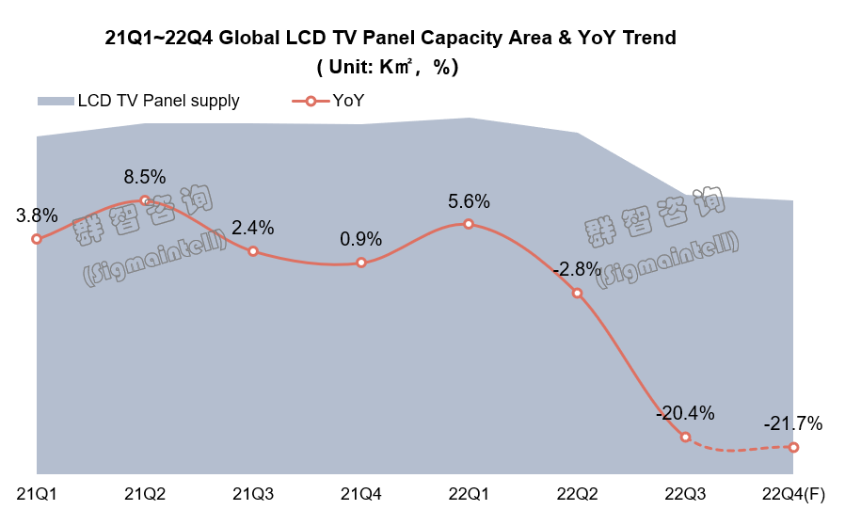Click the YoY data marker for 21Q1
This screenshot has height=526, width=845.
(37, 239)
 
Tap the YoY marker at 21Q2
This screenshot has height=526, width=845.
(145, 199)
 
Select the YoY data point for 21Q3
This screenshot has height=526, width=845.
(253, 251)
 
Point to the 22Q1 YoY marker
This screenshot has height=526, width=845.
(469, 224)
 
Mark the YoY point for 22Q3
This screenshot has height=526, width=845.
(685, 437)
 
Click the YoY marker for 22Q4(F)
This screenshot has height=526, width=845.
(793, 447)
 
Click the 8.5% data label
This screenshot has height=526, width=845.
(145, 176)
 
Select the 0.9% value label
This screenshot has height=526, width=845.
(361, 239)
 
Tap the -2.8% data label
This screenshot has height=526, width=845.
(577, 269)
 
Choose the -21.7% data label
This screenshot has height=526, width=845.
(793, 423)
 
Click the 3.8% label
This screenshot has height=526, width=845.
(37, 215)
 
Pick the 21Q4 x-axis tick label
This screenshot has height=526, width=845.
(361, 493)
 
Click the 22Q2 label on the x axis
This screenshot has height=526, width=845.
(577, 493)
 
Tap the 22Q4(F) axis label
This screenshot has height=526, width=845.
(793, 493)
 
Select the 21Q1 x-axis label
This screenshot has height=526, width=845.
(37, 493)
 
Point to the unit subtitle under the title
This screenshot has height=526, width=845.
(388, 67)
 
